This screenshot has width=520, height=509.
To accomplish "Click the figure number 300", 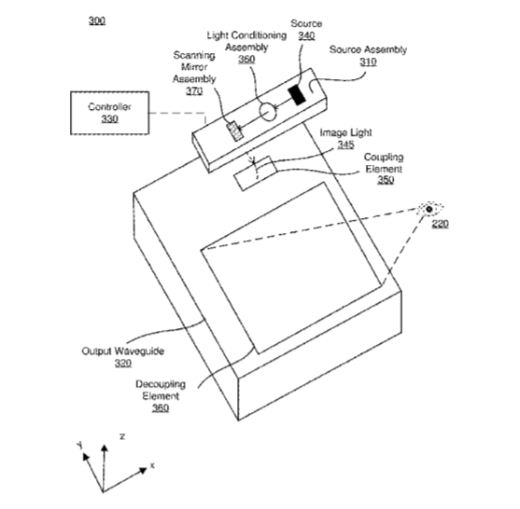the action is (x=97, y=21).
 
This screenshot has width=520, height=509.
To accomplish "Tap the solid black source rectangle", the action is (x=297, y=95).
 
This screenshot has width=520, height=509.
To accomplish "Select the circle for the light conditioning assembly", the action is (x=267, y=112).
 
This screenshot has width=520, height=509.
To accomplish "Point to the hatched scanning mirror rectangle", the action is (x=235, y=131).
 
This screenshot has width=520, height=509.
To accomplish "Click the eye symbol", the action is (x=429, y=209).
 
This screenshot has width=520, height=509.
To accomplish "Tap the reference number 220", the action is (x=440, y=224).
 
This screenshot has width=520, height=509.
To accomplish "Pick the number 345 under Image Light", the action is (x=345, y=144).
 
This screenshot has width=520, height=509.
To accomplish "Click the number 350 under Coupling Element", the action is (x=386, y=180).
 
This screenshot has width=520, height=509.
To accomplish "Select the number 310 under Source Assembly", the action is (x=368, y=62).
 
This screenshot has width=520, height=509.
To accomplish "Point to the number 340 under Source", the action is (x=306, y=35).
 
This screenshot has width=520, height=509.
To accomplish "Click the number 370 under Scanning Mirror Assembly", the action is (x=194, y=90).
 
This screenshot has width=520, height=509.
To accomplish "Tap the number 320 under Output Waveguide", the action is (x=123, y=364).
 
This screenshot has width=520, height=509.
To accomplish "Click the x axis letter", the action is (x=152, y=465).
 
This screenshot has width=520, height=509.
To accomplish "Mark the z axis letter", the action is (x=122, y=436).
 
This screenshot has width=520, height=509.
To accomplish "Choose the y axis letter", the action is (x=79, y=445).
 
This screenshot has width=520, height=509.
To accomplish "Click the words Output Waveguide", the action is (x=122, y=351).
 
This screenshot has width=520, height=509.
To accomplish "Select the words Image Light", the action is (x=345, y=132).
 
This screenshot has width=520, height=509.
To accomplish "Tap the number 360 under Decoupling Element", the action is (x=161, y=407).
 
